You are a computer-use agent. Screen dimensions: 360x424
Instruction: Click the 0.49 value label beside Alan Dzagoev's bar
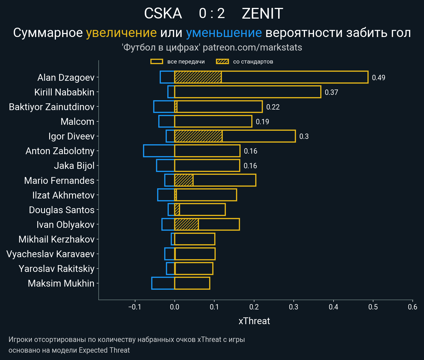tap(378, 78)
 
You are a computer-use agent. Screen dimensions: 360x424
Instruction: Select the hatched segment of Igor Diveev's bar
tap(198, 136)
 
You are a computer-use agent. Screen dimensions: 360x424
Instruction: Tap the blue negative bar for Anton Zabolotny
tap(159, 151)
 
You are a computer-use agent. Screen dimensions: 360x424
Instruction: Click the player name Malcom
tap(77, 121)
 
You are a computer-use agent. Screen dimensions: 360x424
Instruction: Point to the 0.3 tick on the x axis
tap(294, 307)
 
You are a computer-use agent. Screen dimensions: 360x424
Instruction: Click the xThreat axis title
tap(254, 321)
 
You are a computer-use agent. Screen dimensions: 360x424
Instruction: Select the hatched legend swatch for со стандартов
tap(222, 62)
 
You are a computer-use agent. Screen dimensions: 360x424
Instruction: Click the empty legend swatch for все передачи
tap(157, 62)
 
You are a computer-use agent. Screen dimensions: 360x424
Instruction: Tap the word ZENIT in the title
tap(262, 14)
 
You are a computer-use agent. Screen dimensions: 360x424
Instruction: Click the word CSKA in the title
tap(163, 14)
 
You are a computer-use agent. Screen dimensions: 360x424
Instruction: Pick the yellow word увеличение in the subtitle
tap(121, 33)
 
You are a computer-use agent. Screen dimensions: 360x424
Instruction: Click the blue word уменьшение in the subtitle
tap(224, 33)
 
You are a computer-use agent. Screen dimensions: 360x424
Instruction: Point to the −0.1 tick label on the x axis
tap(135, 307)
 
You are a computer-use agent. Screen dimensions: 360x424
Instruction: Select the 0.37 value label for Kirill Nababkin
tap(331, 92)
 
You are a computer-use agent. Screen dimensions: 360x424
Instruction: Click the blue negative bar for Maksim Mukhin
tap(163, 283)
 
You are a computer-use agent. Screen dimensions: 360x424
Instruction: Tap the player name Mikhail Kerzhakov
tap(57, 239)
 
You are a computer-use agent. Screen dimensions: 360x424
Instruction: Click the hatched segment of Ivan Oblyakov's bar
tap(186, 224)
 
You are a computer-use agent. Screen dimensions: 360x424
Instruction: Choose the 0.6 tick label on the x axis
tap(412, 307)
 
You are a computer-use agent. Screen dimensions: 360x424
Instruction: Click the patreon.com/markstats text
tap(252, 47)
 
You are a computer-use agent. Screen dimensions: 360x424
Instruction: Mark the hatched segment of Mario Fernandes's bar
tap(184, 180)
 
